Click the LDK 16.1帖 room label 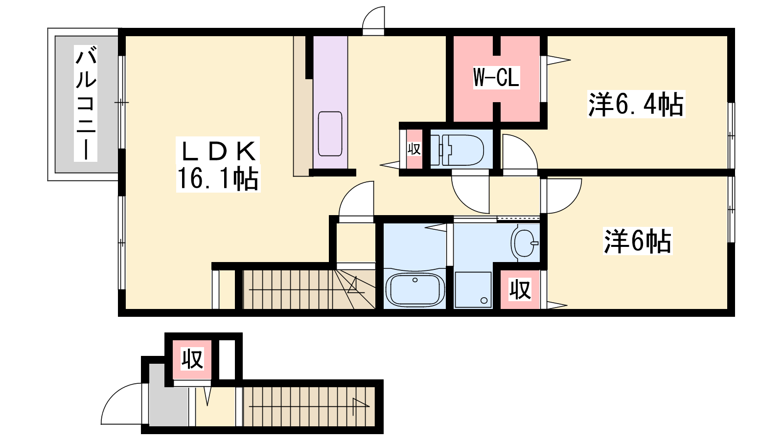coord(218,164)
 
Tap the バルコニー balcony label coord(86,104)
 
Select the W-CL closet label coord(496,77)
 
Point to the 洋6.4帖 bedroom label coord(636,104)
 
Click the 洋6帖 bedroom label coord(638,241)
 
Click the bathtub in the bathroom coord(415,289)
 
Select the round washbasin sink coord(525,243)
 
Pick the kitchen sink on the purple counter coord(330,134)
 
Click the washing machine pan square coord(473,290)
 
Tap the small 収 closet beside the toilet coord(414,149)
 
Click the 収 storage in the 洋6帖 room coord(520,289)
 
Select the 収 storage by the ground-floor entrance coord(192,359)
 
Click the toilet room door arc coord(463,202)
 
